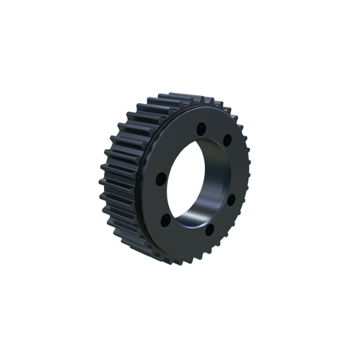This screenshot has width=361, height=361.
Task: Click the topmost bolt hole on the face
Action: pos(201,128)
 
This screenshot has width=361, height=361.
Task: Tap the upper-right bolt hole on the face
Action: pos(227,139)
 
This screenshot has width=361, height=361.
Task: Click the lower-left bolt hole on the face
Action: pos(165,217)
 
